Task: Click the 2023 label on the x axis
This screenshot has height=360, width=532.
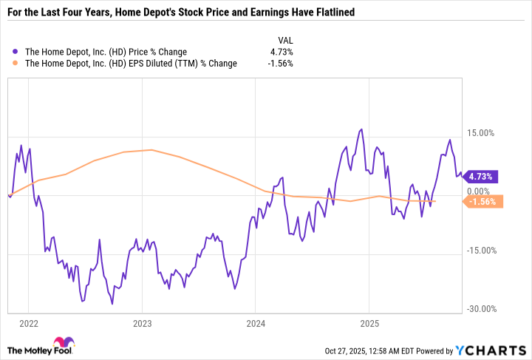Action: pos(142,323)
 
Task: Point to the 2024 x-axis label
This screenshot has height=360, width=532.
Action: pos(255,323)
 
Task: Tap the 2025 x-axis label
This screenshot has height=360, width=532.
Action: pos(368,323)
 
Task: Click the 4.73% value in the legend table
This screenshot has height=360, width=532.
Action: pos(281,52)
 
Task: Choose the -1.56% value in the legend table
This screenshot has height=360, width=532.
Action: pos(280,64)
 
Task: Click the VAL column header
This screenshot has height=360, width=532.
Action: pos(284,40)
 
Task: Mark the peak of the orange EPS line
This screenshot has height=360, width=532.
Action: pos(151,150)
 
